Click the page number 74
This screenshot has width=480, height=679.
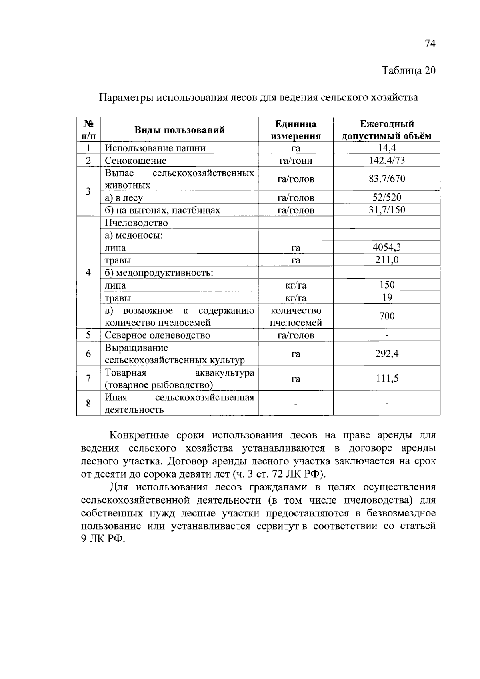tap(430, 44)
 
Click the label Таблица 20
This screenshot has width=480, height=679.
tap(408, 71)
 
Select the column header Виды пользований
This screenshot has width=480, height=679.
tap(179, 130)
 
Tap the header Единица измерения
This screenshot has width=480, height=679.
tap(296, 130)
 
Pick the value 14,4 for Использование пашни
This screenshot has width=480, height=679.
tap(387, 148)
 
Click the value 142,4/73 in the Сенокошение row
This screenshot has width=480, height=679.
tap(387, 160)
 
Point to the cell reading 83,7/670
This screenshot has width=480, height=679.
tap(387, 179)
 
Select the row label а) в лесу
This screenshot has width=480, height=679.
tap(124, 198)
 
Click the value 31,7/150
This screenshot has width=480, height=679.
tap(387, 210)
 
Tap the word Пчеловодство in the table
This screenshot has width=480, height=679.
tap(136, 223)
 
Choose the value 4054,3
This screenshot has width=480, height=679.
tap(387, 247)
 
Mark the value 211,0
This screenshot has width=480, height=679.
tap(387, 260)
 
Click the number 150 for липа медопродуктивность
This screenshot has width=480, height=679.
tap(387, 285)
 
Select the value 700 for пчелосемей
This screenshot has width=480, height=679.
tap(387, 316)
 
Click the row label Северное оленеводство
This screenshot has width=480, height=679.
tap(157, 335)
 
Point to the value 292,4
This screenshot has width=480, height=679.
tap(387, 354)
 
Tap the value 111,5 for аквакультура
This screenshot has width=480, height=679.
tap(387, 378)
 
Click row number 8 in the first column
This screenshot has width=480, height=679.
tap(88, 403)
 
